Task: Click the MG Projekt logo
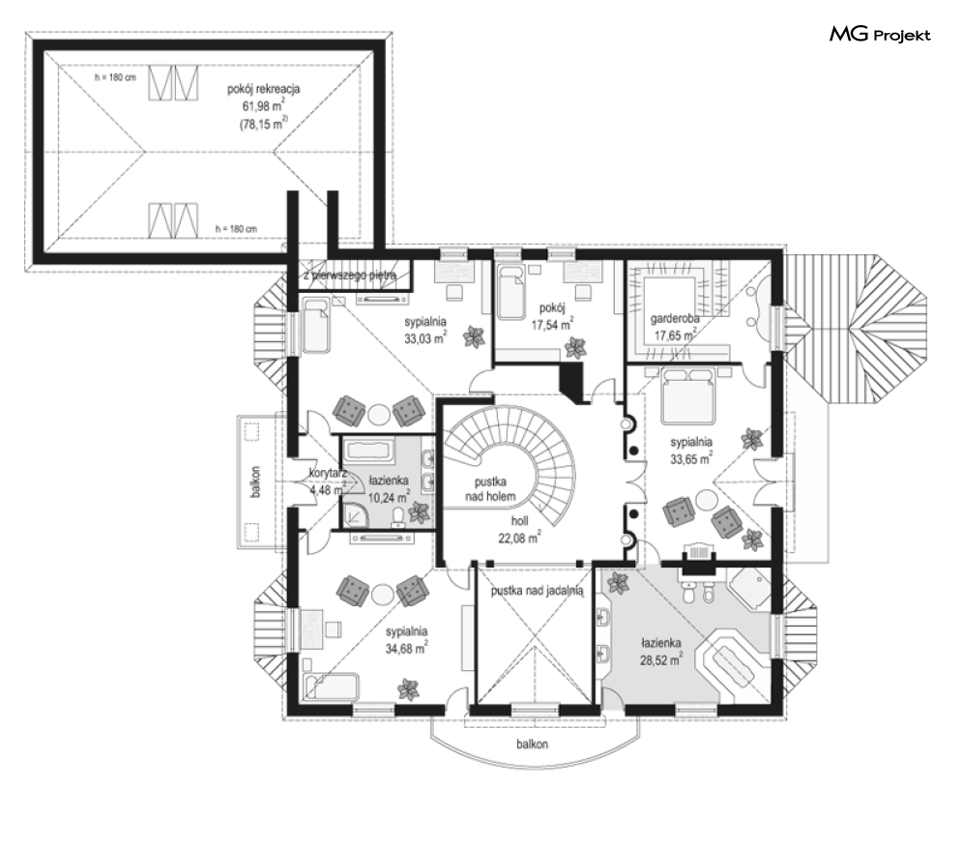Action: [880, 36]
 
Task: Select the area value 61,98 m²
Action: [263, 106]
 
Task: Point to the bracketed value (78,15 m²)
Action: [263, 124]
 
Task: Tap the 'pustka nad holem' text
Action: [495, 488]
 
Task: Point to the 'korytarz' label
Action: [329, 474]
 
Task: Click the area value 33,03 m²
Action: [424, 338]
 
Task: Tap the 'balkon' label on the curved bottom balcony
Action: [531, 744]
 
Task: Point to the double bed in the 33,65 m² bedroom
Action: [687, 398]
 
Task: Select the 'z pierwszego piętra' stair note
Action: [350, 277]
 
